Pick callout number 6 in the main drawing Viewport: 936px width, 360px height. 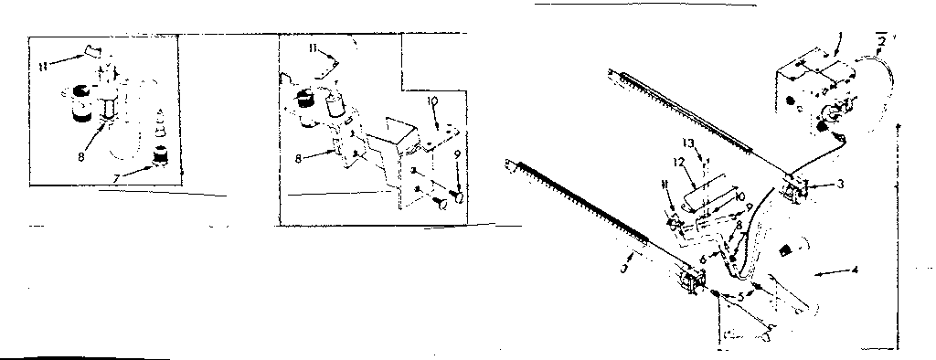(x=702, y=260)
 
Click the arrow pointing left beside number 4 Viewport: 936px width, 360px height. (x=827, y=271)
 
